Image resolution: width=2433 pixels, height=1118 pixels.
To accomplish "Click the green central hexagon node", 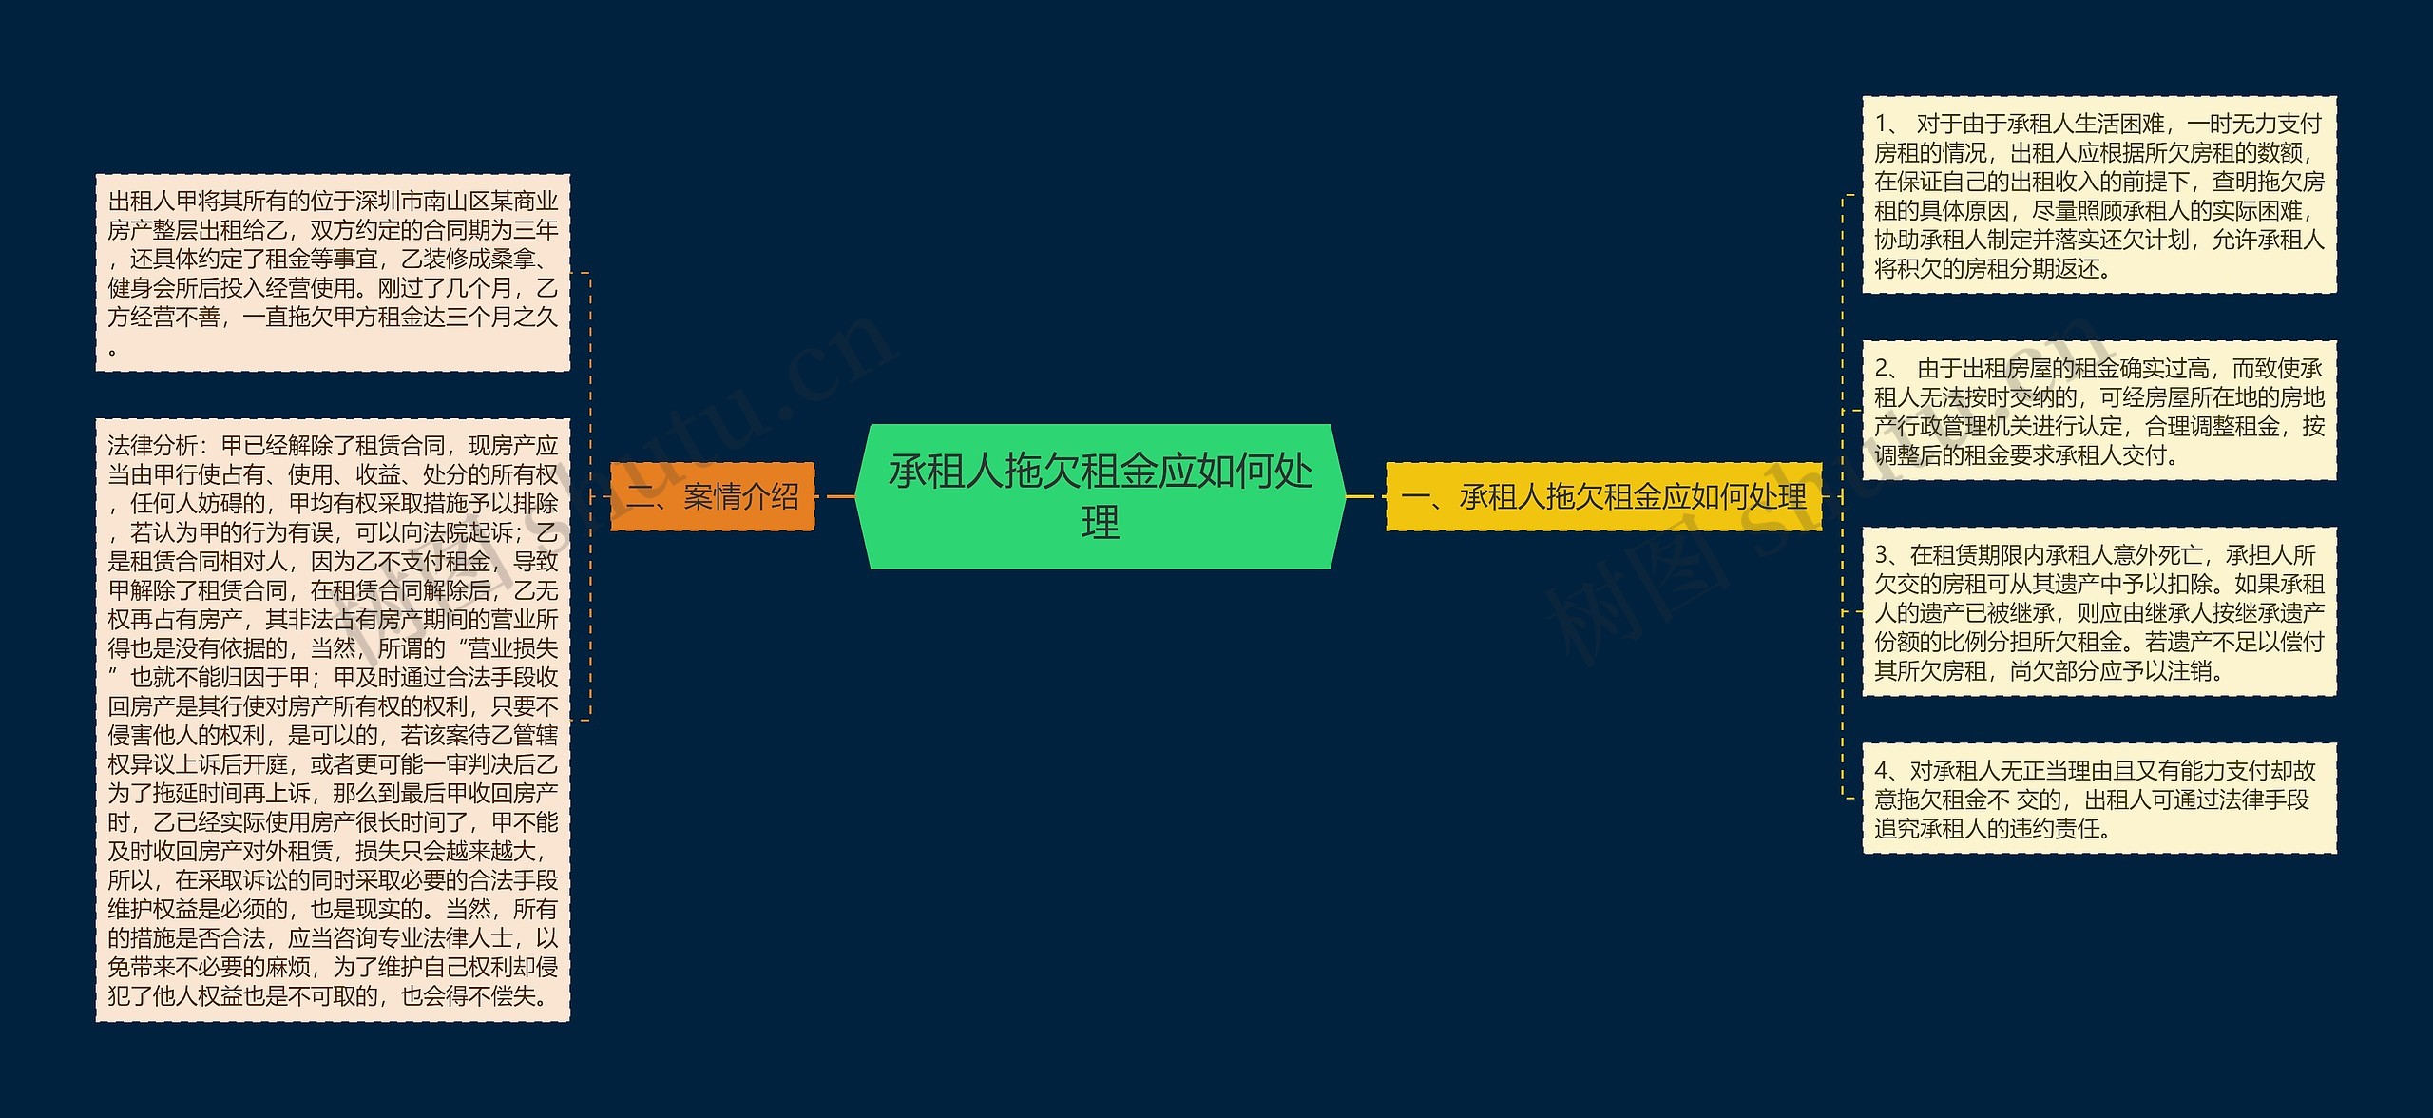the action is click(1100, 496).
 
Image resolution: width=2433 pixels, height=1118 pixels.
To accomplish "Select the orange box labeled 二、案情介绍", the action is click(712, 496).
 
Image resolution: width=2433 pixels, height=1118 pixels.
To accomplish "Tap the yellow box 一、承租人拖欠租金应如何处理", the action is click(1603, 496).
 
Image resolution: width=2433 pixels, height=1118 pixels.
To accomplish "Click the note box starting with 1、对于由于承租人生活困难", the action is click(2098, 195).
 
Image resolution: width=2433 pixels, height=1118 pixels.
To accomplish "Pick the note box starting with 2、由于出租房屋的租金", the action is click(2098, 411).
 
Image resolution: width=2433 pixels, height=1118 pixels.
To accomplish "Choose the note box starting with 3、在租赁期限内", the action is click(2098, 612).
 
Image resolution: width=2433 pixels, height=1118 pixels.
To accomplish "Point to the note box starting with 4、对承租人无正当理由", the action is click(2098, 799).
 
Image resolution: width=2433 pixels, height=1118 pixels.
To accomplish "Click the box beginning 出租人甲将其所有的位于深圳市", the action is click(333, 272).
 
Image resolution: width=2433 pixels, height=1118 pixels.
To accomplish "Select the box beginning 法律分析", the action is click(333, 720).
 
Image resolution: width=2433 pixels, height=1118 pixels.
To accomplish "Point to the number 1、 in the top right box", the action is click(1887, 125).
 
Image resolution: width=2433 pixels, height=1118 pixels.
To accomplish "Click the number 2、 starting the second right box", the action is click(1887, 369).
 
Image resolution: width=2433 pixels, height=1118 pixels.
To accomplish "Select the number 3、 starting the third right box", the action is click(1887, 555).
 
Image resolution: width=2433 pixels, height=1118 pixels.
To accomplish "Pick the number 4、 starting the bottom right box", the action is click(1887, 771).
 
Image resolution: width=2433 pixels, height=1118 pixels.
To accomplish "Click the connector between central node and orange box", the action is click(835, 496).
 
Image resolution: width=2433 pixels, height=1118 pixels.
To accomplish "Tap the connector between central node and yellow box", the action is click(1365, 496).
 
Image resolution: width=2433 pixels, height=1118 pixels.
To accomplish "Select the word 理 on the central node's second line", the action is click(1100, 523).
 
